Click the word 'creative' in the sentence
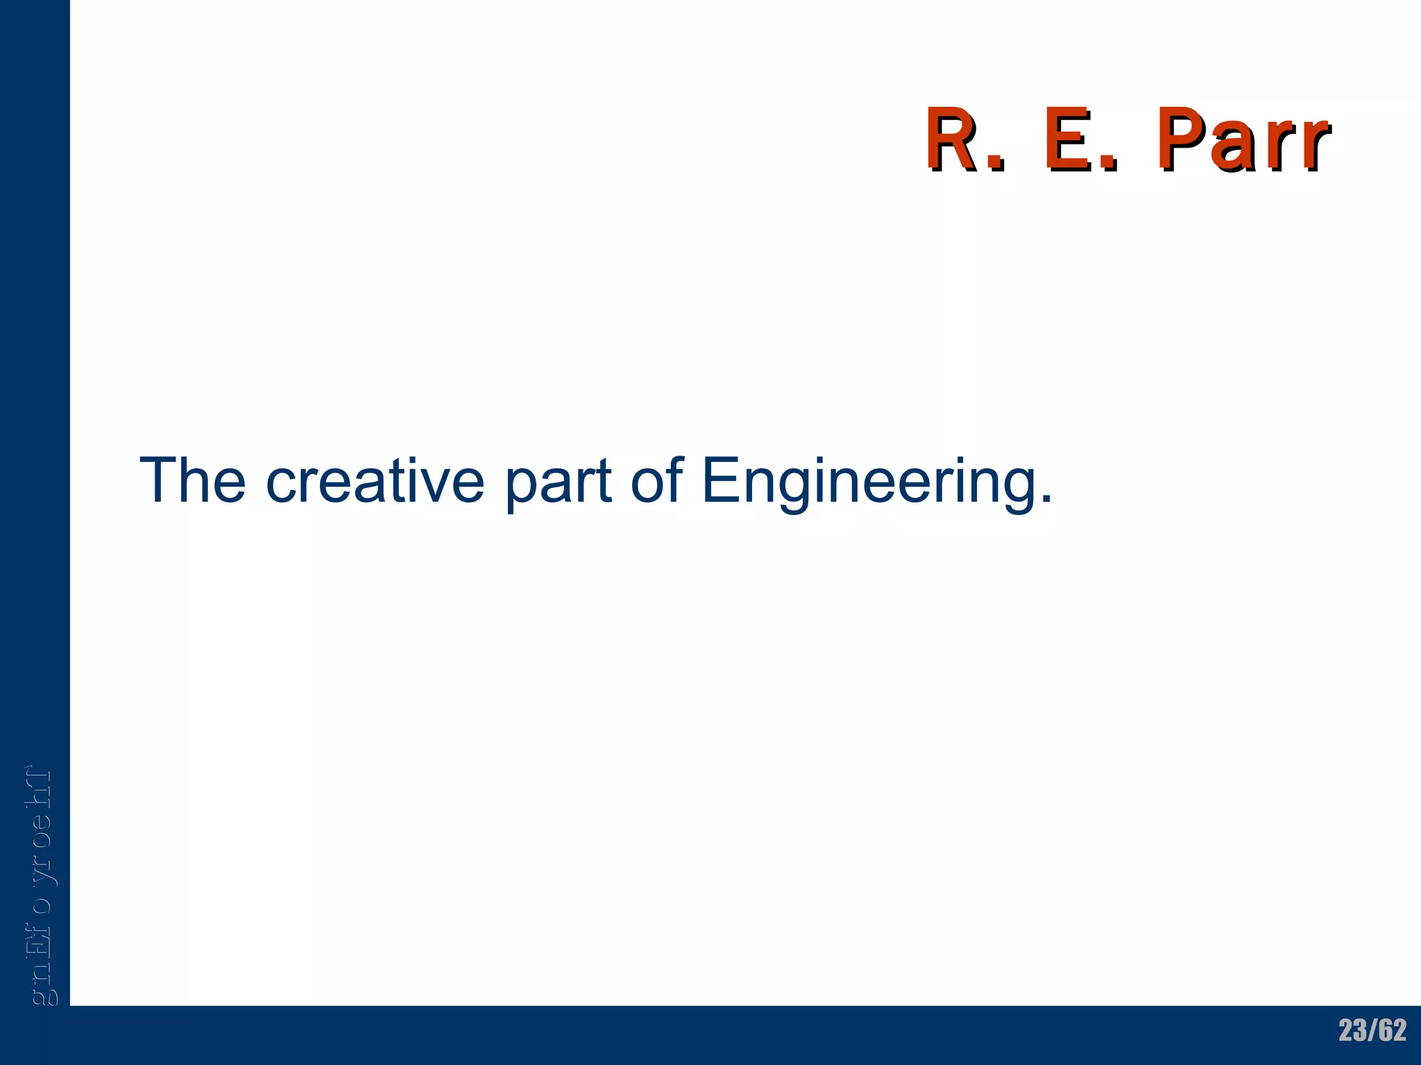tap(375, 480)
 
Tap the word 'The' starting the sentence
tap(193, 480)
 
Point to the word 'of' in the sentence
tap(656, 480)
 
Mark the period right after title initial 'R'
tap(996, 164)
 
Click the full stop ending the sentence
tap(1046, 499)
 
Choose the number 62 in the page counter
tap(1393, 1030)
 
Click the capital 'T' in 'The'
tap(159, 480)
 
